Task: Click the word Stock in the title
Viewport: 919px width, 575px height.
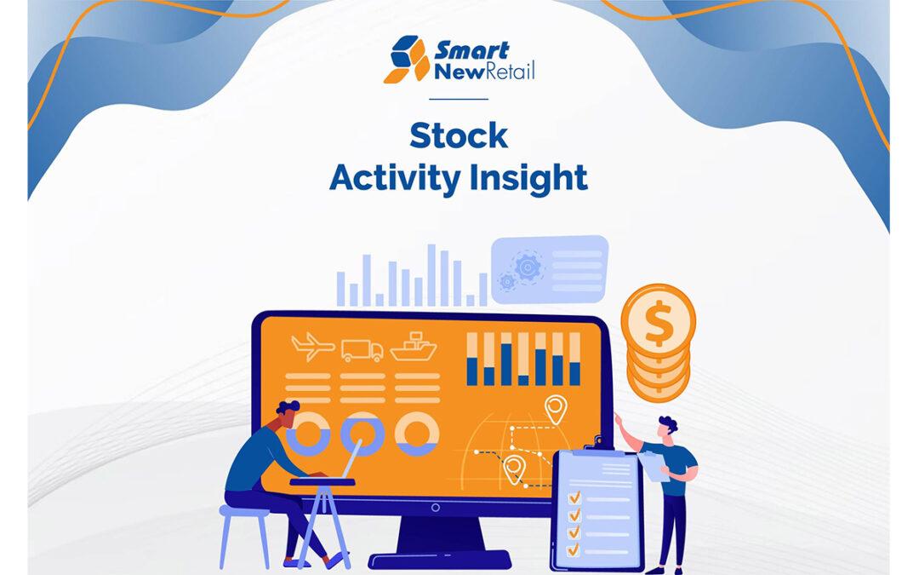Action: click(458, 135)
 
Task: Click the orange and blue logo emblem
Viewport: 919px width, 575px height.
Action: click(407, 60)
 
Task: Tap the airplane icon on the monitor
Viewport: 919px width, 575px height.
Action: click(311, 347)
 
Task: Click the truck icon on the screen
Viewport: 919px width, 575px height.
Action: click(362, 349)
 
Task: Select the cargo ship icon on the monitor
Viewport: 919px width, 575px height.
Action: click(412, 347)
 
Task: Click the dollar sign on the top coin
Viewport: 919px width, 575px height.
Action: click(658, 322)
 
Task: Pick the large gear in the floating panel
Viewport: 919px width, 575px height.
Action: click(528, 267)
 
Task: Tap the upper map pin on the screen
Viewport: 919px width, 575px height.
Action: click(556, 408)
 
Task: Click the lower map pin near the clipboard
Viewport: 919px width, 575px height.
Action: click(513, 468)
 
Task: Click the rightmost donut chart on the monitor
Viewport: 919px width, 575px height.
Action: click(417, 433)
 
